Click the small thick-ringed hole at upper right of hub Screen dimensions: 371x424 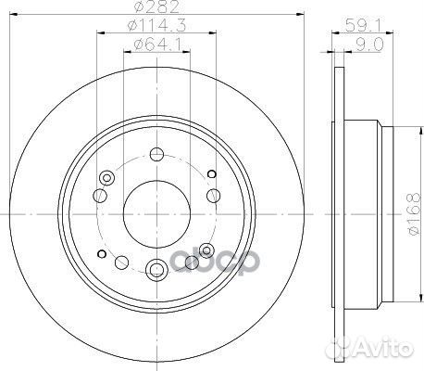(x=212, y=173)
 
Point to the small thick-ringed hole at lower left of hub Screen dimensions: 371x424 (x=99, y=249)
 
